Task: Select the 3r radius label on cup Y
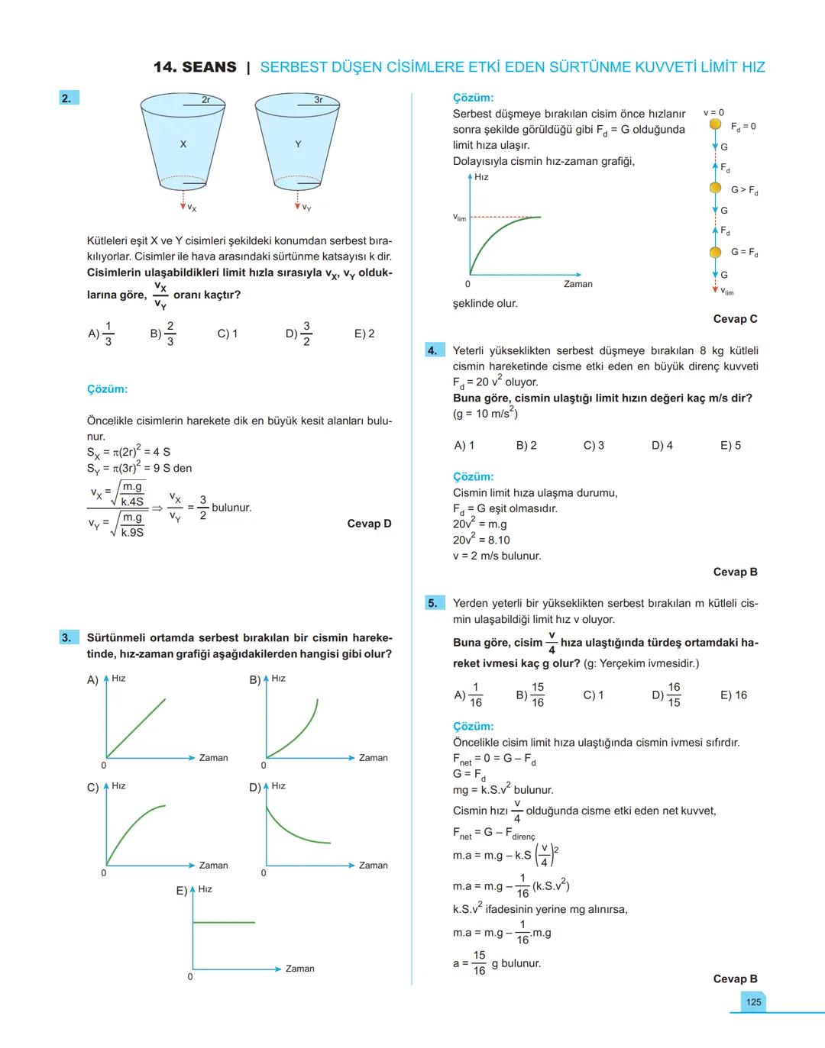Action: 319,100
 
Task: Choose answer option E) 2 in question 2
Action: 364,334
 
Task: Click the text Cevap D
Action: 369,524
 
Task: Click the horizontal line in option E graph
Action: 225,922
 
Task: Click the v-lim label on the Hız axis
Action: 459,218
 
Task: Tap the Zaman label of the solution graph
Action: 578,284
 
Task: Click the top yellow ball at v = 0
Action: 715,124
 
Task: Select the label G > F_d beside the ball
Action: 744,190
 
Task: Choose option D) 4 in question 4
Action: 662,445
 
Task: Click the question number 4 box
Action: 433,350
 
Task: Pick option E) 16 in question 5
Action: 733,695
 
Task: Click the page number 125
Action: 753,1002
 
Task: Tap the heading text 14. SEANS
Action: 195,67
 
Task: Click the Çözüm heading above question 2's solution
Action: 107,389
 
